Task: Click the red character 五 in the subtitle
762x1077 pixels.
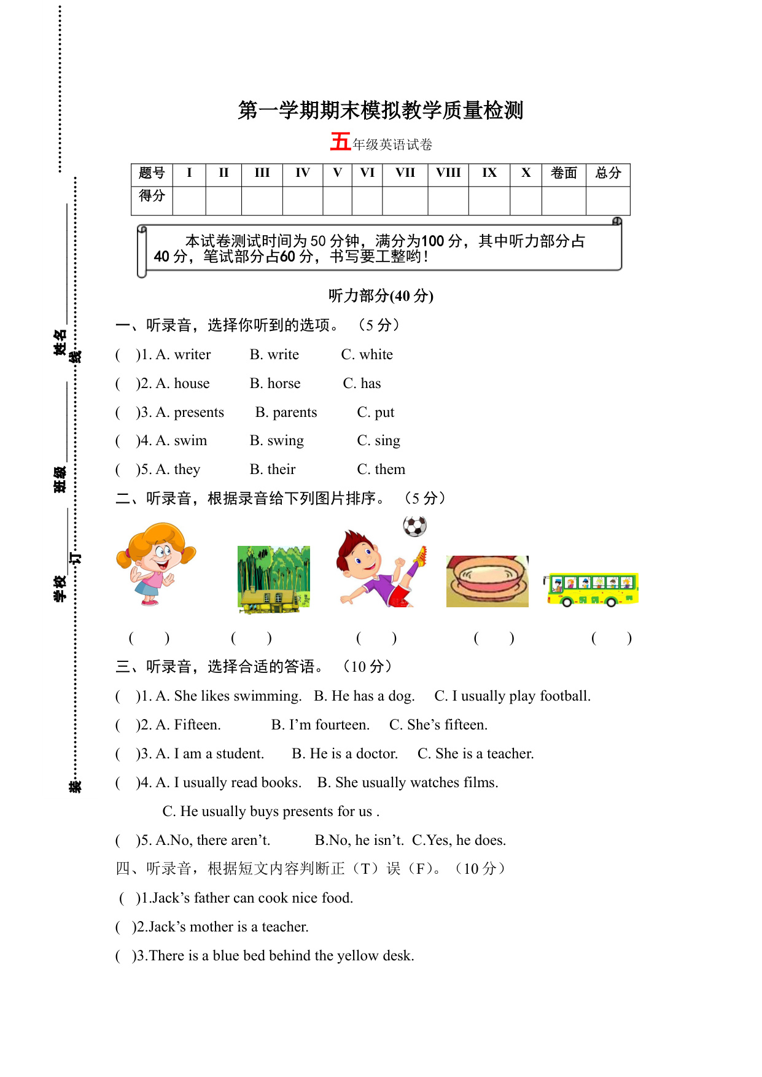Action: (340, 142)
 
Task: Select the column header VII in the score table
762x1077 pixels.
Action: (405, 173)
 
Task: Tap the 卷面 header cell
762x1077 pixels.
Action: (564, 173)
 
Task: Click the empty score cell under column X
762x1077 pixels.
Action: (526, 201)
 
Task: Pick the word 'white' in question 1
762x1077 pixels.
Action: (376, 355)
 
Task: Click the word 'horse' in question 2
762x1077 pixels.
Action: (284, 384)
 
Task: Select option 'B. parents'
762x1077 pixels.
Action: (286, 413)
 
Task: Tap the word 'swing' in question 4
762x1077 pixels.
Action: (286, 441)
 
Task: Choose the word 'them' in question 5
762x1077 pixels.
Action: (390, 470)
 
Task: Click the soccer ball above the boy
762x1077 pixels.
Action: (415, 526)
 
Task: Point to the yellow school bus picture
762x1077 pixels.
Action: (592, 589)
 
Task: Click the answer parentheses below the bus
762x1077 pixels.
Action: (611, 638)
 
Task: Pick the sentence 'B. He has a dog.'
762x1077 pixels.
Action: (364, 696)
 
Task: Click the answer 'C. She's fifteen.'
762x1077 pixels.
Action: (438, 725)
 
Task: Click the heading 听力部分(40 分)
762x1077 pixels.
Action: (381, 296)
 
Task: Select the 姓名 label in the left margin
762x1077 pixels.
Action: (60, 342)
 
